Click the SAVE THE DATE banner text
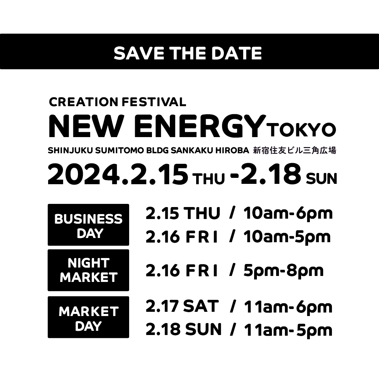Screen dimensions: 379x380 pos(188,53)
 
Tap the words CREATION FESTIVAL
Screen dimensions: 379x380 pos(118,102)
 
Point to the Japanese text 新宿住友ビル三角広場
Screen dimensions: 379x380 pos(294,150)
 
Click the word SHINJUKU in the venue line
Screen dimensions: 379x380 pos(71,150)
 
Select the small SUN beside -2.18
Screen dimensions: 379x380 pos(321,179)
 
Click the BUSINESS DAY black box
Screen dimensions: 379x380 pos(88,225)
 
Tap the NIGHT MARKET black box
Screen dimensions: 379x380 pos(88,270)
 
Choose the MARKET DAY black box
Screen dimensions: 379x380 pos(88,317)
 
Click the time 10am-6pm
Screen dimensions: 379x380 pos(288,213)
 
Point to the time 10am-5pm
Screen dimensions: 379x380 pos(287,237)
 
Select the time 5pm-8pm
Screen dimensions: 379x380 pos(283,271)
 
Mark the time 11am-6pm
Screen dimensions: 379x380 pos(288,307)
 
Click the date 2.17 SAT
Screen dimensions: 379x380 pos(182,306)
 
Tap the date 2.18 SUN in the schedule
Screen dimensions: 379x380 pos(183,329)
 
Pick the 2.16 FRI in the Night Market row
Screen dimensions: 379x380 pos(182,270)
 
